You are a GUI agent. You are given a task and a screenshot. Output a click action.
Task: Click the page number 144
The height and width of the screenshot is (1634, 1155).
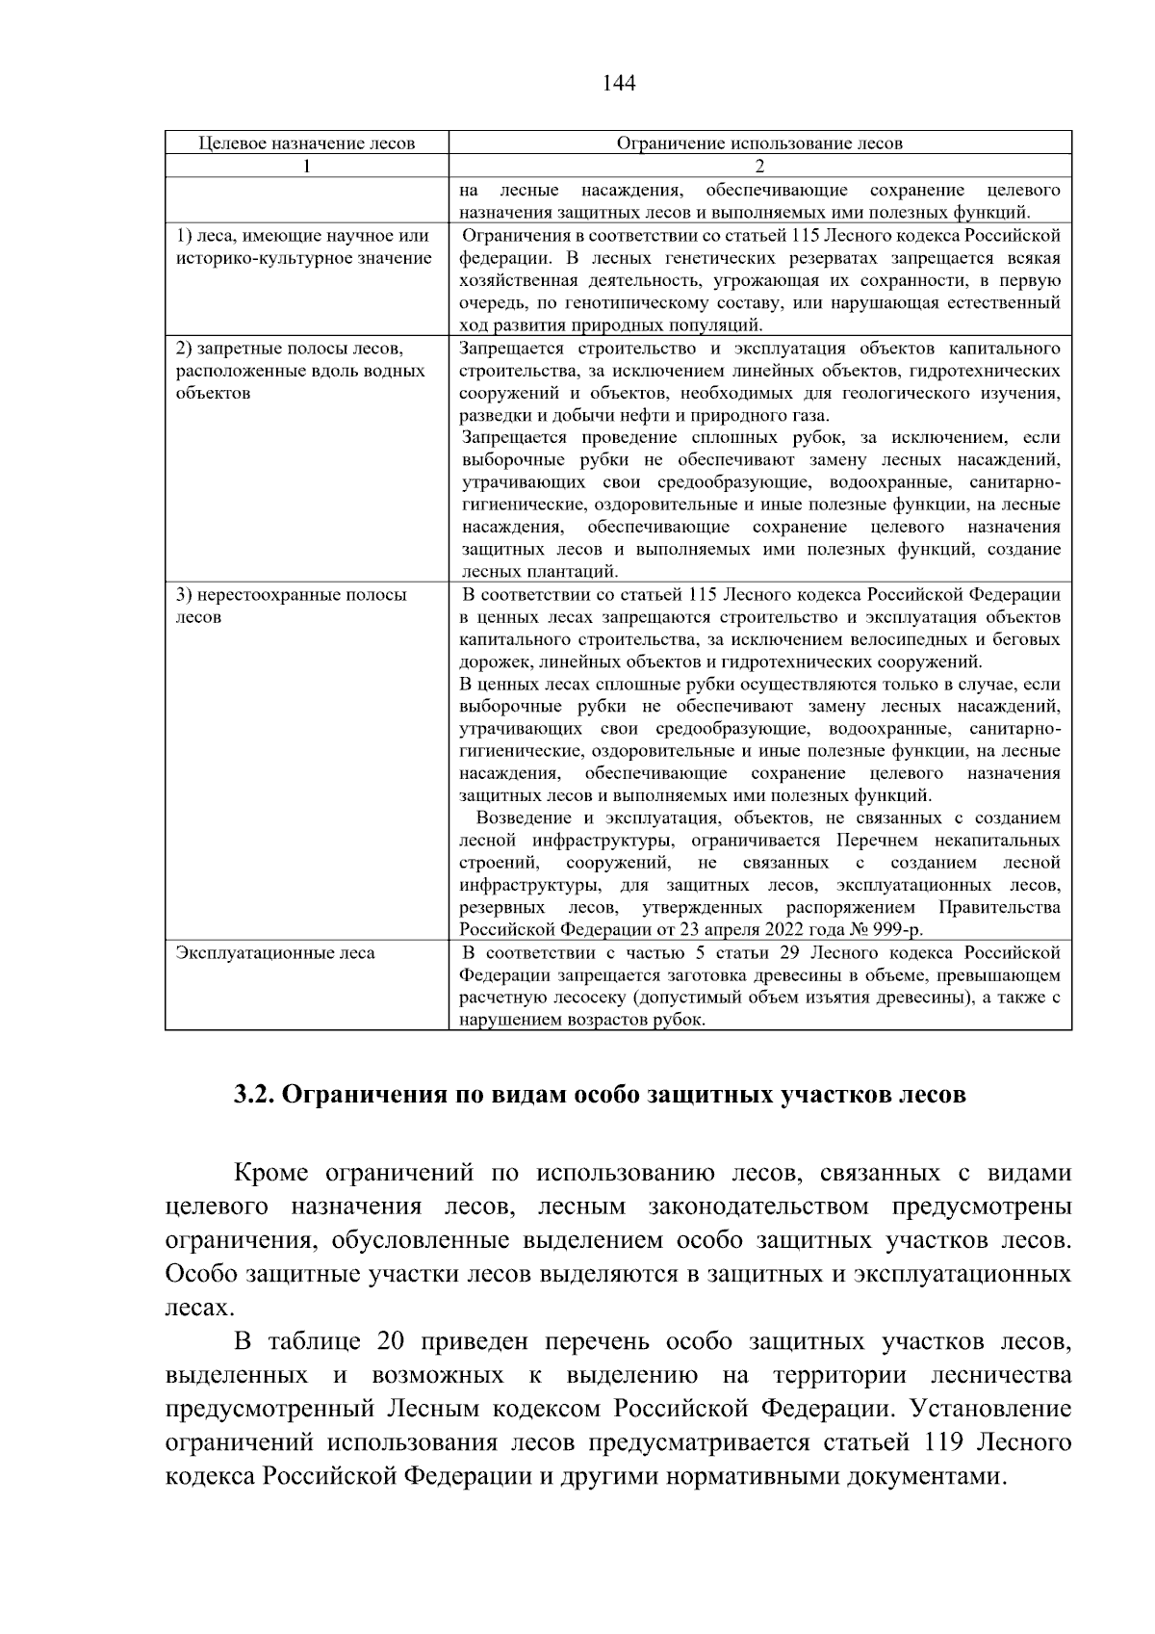(x=618, y=83)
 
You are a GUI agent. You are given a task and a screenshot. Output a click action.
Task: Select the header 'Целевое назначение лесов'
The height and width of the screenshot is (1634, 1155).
(x=306, y=143)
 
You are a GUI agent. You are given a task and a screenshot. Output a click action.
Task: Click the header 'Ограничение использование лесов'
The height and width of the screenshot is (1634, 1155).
(x=759, y=143)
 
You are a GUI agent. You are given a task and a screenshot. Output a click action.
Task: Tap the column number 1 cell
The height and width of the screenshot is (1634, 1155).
(x=306, y=166)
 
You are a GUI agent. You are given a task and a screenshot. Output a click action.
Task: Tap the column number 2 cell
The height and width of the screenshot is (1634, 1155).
(x=759, y=166)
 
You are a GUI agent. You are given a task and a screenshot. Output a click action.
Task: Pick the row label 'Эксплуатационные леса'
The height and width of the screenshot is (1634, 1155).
(x=275, y=953)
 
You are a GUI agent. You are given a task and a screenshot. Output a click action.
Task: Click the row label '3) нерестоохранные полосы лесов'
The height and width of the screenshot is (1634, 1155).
(x=291, y=606)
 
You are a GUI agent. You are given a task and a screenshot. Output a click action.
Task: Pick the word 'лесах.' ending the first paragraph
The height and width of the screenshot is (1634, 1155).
(x=199, y=1308)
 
